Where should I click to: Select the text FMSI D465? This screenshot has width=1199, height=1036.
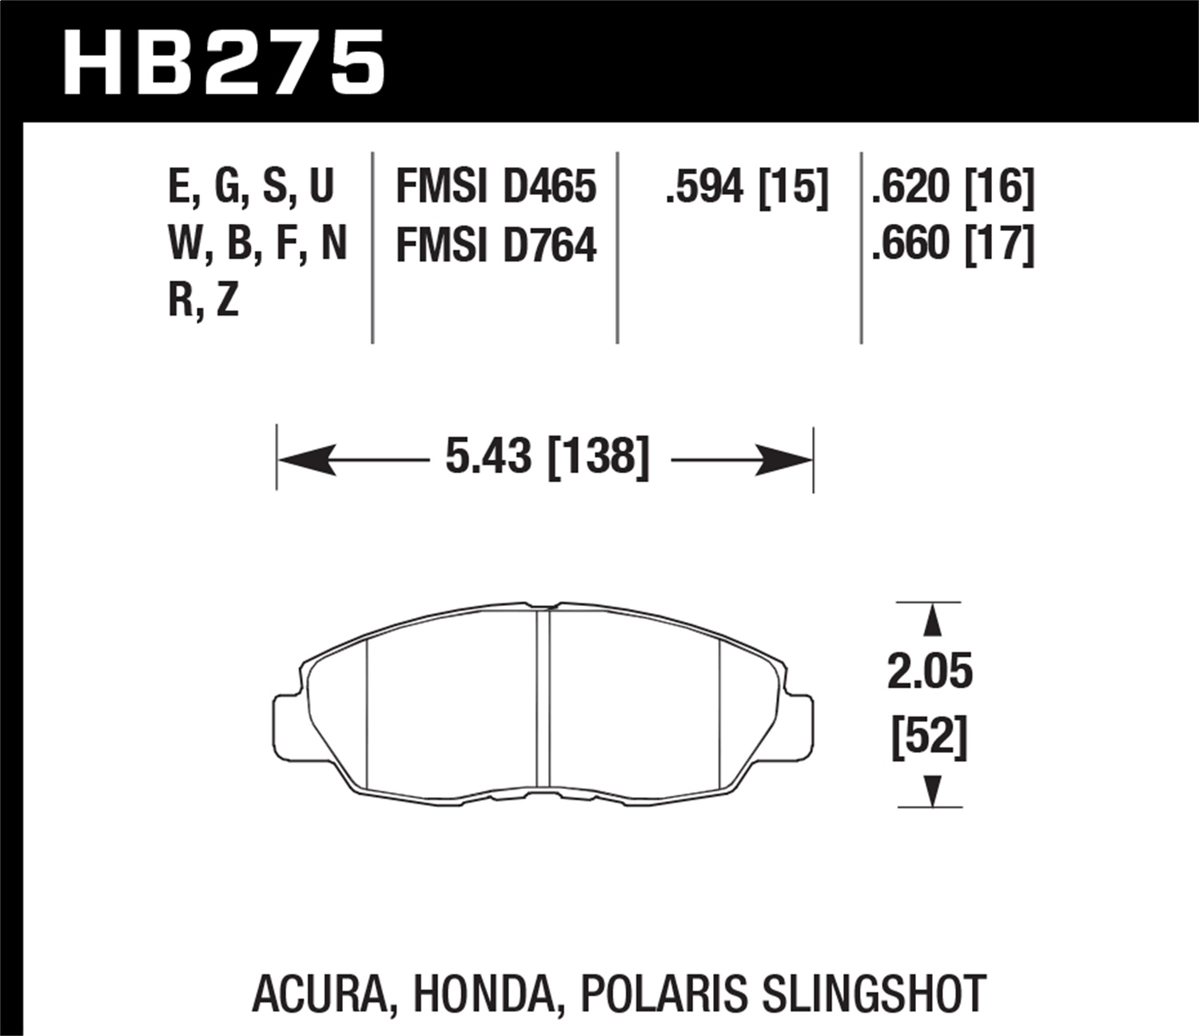tap(496, 187)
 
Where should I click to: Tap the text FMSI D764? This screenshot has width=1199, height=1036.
tap(496, 245)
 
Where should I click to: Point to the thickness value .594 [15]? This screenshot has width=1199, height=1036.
tap(747, 187)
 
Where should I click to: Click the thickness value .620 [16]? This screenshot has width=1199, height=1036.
tap(953, 187)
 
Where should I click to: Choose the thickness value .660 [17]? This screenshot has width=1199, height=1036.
tap(953, 245)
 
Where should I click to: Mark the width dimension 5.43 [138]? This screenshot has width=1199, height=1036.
tap(547, 458)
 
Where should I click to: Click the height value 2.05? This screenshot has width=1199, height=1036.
tap(930, 671)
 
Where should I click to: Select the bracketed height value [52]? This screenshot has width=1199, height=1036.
tap(930, 736)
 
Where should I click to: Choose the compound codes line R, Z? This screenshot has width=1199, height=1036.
tap(203, 301)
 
